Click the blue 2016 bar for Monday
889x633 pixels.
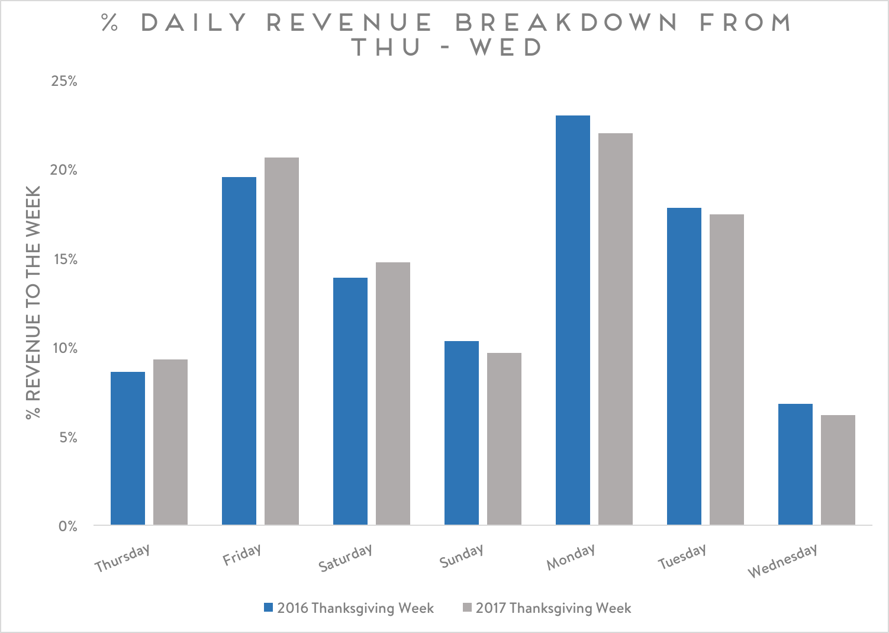tap(572, 320)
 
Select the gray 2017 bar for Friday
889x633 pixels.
tap(282, 341)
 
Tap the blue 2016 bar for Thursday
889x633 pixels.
tap(128, 448)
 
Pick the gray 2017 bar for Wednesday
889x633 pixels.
tap(838, 470)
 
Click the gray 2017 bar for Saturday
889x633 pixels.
tap(393, 393)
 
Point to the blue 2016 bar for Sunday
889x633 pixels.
tap(462, 433)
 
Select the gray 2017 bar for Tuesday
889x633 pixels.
tap(727, 369)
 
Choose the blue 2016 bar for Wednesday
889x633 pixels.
tap(795, 464)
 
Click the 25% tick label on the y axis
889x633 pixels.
tap(64, 81)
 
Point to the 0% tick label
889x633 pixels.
tap(67, 526)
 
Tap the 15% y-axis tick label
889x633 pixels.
tap(64, 259)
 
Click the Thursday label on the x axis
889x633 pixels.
tap(123, 558)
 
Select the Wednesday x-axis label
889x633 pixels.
tap(782, 560)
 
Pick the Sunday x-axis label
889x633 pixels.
tap(462, 557)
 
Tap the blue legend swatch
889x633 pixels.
tap(269, 608)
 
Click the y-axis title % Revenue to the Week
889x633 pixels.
tap(33, 302)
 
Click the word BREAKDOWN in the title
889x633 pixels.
tap(567, 23)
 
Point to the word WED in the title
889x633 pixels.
tap(506, 47)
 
